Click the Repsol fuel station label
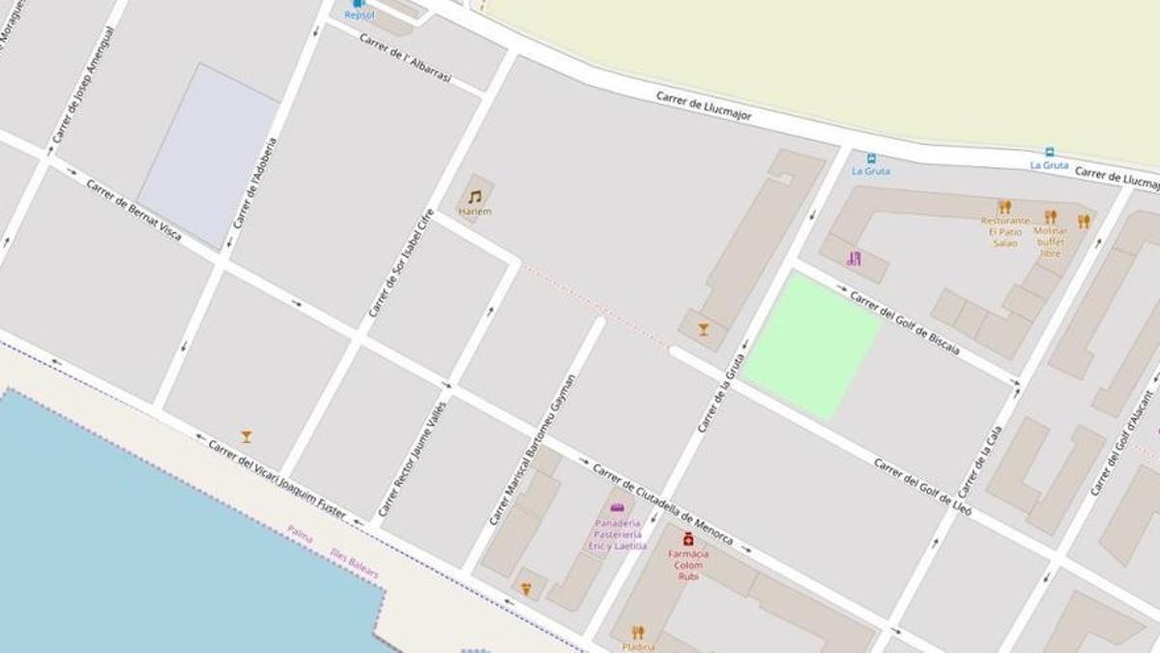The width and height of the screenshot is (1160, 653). (359, 15)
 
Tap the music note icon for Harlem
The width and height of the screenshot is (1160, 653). (475, 196)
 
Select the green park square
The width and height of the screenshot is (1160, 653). (812, 344)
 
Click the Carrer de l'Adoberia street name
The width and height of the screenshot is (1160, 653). (254, 183)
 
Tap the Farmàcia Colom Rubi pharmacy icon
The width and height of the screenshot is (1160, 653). (688, 539)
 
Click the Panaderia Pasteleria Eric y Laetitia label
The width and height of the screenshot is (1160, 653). (618, 533)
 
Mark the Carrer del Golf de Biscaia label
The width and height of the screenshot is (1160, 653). (905, 322)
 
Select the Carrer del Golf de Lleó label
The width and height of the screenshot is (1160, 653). (923, 486)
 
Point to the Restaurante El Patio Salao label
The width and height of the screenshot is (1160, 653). (1005, 231)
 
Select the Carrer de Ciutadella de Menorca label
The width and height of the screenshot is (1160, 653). (662, 503)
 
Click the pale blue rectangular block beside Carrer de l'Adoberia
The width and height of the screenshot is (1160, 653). (209, 155)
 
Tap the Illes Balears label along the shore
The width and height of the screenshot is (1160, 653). (354, 563)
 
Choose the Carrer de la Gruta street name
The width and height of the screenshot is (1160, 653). (721, 394)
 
